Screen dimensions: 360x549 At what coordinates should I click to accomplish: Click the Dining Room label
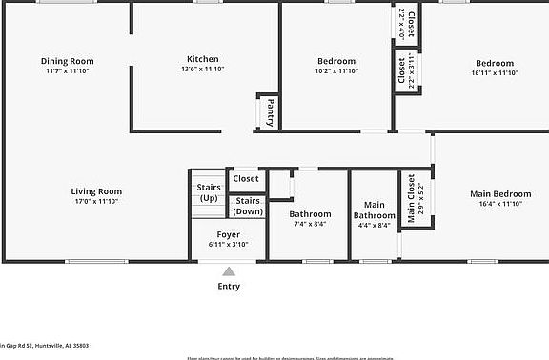click(67, 61)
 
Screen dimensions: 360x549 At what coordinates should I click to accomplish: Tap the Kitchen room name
click(202, 59)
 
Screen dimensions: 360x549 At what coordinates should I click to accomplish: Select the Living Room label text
click(96, 191)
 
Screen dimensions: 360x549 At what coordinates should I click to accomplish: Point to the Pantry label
click(271, 112)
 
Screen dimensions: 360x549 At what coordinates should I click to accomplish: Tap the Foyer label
click(228, 234)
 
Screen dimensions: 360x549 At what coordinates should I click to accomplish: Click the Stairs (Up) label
click(209, 191)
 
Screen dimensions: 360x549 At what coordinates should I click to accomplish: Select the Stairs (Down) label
click(248, 206)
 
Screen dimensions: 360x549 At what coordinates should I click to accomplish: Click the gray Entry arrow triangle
click(229, 271)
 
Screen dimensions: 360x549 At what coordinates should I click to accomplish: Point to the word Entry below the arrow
click(229, 286)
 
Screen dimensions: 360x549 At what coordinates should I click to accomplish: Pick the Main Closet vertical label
click(412, 198)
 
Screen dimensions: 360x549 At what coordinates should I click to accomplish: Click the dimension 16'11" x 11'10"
click(495, 73)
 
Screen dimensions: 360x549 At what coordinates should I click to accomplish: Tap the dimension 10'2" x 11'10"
click(335, 71)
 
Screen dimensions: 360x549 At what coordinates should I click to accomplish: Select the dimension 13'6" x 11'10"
click(202, 70)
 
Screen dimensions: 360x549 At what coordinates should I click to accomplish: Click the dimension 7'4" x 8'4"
click(311, 224)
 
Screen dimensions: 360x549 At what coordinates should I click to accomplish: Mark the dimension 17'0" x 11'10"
click(96, 201)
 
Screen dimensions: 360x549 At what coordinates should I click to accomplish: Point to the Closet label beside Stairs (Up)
click(246, 178)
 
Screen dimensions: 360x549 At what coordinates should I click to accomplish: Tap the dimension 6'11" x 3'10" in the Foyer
click(228, 244)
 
